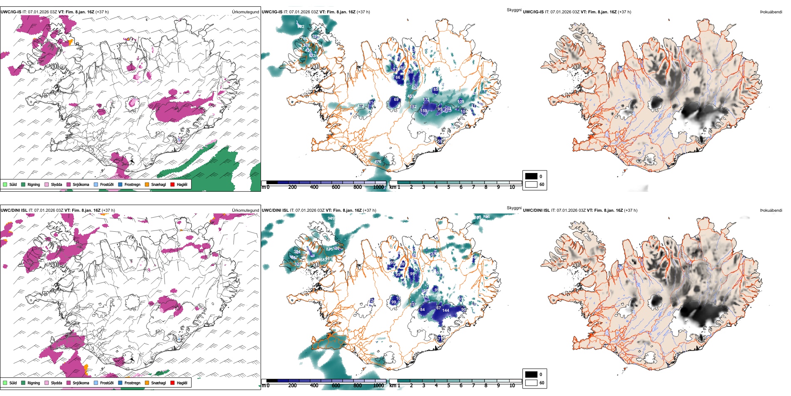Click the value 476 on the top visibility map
tap(378, 162)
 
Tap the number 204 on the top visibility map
tap(448, 109)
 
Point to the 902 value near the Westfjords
tap(301, 27)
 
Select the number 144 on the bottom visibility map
tap(445, 311)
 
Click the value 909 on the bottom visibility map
tap(331, 218)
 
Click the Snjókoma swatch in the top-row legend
tap(69, 184)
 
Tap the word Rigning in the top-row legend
tap(34, 184)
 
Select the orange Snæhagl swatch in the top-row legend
tap(147, 184)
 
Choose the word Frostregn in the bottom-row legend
tap(132, 383)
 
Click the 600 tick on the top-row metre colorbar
tap(336, 187)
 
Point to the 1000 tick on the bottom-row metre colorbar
tap(378, 386)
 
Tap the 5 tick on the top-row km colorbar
tap(448, 187)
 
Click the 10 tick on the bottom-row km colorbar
tap(512, 386)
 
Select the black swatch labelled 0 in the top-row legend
tap(531, 176)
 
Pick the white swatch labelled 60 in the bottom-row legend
tap(531, 383)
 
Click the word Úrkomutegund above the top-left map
tap(245, 12)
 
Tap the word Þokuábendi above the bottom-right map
tap(771, 211)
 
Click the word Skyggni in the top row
tap(514, 10)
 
